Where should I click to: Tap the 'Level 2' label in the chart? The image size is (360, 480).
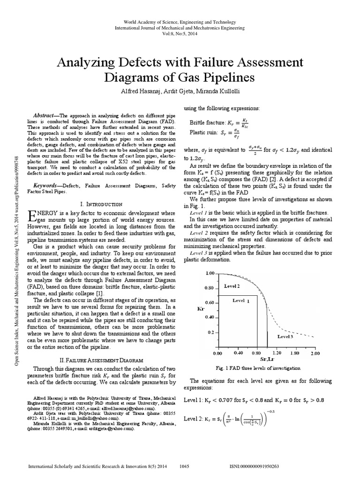232,285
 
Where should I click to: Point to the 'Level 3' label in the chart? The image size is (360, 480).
285,337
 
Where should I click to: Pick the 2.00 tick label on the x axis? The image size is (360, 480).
315,352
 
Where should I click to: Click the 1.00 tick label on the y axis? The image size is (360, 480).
209,272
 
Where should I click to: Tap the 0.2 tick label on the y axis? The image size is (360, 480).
210,331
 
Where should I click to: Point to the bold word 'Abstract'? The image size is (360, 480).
45,115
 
